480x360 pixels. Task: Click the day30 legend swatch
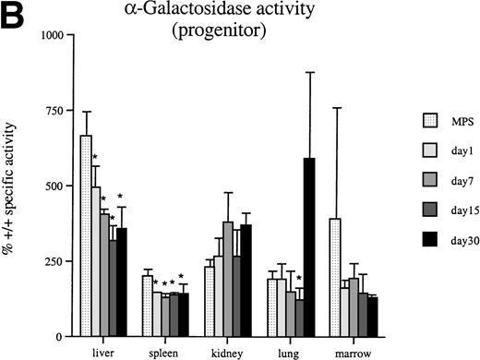pyautogui.click(x=420, y=246)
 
